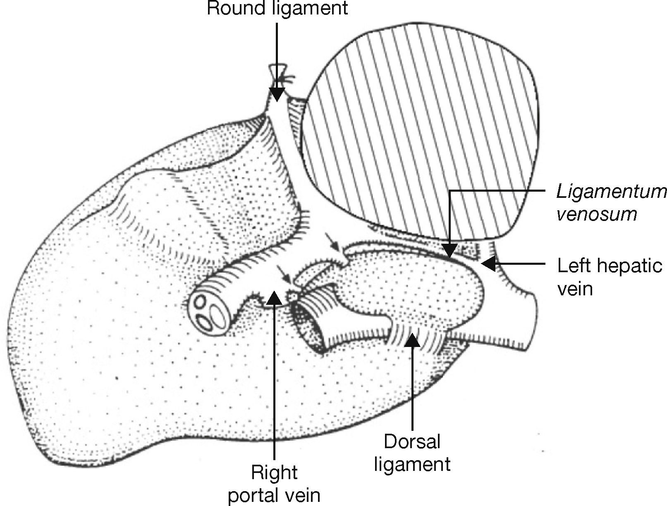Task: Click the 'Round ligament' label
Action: tap(277, 8)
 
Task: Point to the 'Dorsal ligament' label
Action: tap(412, 453)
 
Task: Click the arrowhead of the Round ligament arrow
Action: tap(277, 94)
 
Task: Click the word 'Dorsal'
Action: tap(412, 442)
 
